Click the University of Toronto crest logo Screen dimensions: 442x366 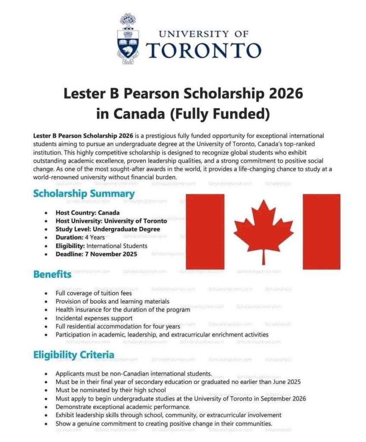coord(127,40)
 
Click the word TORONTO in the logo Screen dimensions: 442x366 coord(204,50)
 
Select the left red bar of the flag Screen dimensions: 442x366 coord(205,231)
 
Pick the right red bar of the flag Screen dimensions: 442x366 coord(321,231)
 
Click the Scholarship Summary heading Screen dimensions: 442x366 coord(84,194)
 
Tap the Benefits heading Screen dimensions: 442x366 coord(52,274)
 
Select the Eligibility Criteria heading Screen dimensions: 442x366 coord(74,355)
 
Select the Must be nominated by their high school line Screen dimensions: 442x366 coord(110,390)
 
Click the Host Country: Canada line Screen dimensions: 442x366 coord(88,212)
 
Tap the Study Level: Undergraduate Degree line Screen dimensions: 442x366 coord(107,229)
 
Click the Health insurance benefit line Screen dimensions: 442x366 coord(123,309)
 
